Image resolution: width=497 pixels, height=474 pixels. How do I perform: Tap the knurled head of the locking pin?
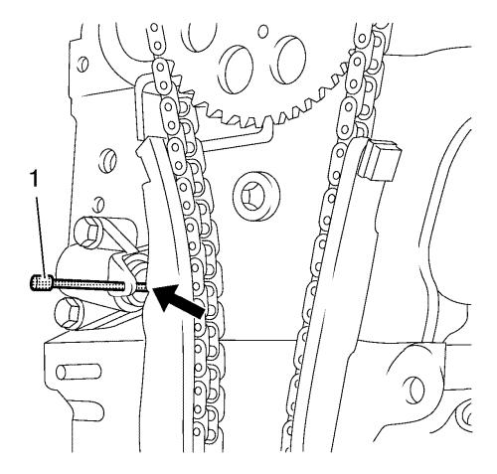pyautogui.click(x=42, y=283)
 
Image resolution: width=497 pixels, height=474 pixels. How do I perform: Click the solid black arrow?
pyautogui.click(x=178, y=299)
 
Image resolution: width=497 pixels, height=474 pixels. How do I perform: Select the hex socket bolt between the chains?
pyautogui.click(x=256, y=197)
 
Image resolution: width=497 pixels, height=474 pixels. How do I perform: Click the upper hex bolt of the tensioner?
pyautogui.click(x=88, y=231)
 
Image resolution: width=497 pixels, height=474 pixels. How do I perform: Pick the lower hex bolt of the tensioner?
pyautogui.click(x=71, y=314)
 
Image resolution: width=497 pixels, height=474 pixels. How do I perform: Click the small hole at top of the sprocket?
pyautogui.click(x=262, y=32)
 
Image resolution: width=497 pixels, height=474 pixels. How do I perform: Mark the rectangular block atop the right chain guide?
pyautogui.click(x=381, y=160)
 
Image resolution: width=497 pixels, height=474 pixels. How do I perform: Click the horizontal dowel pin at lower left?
pyautogui.click(x=79, y=372)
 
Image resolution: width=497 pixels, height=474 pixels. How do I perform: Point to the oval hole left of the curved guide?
pyautogui.click(x=108, y=162)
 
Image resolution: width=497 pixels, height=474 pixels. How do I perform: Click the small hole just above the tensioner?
pyautogui.click(x=96, y=204)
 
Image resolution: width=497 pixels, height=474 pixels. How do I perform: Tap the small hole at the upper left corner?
pyautogui.click(x=83, y=64)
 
